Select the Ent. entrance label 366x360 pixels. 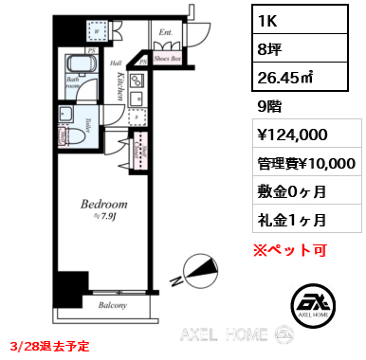(166, 32)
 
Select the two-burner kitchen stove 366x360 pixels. (134, 97)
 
